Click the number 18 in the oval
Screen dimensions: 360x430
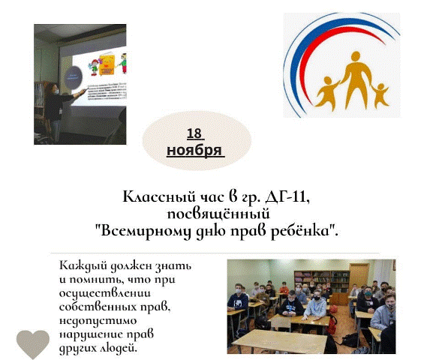(194, 134)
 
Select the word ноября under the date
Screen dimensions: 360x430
(194, 150)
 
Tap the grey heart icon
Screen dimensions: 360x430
(33, 343)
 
